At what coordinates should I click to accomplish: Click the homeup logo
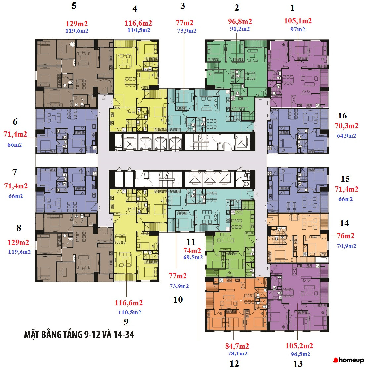coord(348,360)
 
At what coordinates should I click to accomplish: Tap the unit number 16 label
coord(342,116)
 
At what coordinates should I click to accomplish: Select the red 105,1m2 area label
coord(298,21)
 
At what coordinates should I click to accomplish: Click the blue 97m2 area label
coord(298,29)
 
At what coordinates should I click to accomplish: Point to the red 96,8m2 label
coord(240,21)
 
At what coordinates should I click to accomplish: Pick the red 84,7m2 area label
coord(237,346)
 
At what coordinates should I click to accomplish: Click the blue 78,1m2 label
coord(238,353)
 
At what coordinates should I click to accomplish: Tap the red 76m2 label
coord(346,236)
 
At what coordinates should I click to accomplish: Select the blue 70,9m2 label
coord(346,246)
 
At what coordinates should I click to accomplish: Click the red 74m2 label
coord(192,251)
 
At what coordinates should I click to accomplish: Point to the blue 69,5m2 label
coord(193,257)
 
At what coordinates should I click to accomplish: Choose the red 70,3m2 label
coord(346,126)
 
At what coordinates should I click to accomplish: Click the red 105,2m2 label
coord(299,346)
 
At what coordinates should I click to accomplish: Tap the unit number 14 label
coord(344,223)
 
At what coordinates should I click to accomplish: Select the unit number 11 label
coord(191,242)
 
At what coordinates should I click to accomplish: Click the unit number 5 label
coord(74,6)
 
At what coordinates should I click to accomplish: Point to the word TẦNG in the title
coord(71,335)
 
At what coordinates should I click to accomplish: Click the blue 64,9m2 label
coord(346,136)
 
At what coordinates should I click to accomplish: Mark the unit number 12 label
coord(234,364)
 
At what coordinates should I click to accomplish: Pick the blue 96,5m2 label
coord(301,354)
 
